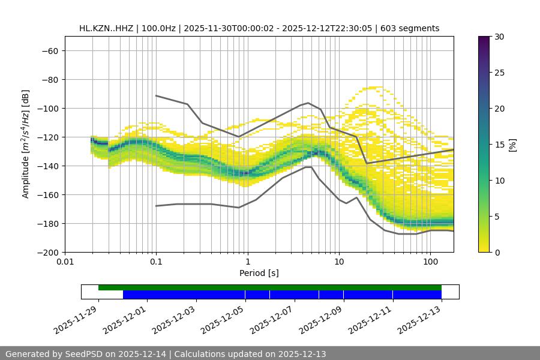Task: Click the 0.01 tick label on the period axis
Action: (x=65, y=262)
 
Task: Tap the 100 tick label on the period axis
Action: (x=430, y=262)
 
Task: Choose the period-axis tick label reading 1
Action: (x=247, y=262)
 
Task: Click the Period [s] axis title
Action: (x=259, y=273)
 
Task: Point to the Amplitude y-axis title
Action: (x=26, y=144)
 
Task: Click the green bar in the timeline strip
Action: (x=270, y=287)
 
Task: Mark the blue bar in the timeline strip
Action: (x=282, y=295)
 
